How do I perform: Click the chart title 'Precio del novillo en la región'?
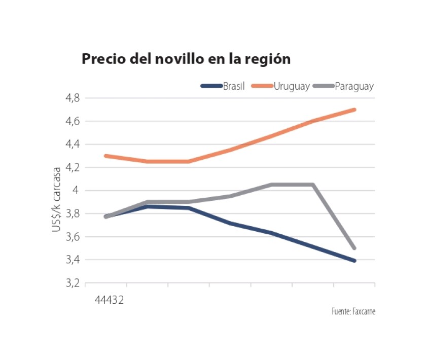186,59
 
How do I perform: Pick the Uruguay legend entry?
291,86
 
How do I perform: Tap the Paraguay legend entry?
354,86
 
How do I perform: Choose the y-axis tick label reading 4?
76,191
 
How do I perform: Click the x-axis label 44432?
110,300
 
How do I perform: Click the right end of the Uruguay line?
354,110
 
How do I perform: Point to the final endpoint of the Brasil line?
354,261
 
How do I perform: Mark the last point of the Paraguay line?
354,248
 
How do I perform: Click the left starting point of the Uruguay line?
105,156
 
